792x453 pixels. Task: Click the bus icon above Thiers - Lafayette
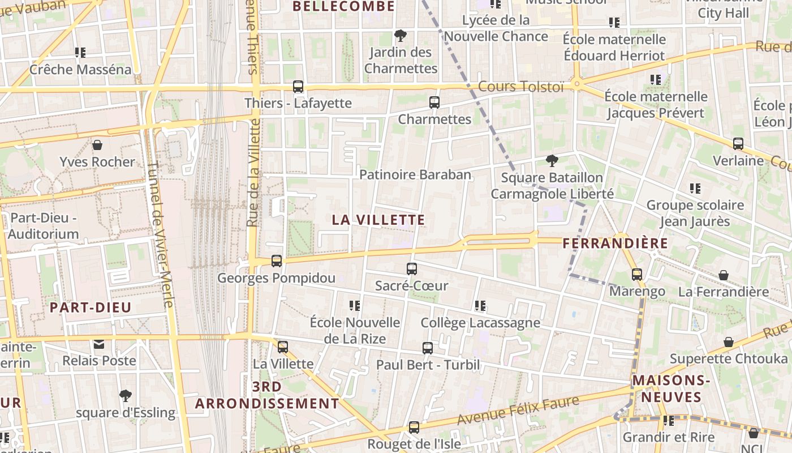click(x=298, y=87)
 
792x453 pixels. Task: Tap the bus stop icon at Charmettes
click(x=434, y=102)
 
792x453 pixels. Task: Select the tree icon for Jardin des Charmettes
click(x=401, y=36)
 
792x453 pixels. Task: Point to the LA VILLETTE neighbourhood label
click(x=378, y=220)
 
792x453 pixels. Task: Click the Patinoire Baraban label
click(x=415, y=174)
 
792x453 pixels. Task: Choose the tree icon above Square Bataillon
click(x=552, y=161)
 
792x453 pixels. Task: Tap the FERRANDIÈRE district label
click(x=615, y=243)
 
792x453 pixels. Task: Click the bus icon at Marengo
click(x=637, y=275)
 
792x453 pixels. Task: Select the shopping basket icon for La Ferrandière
click(x=723, y=276)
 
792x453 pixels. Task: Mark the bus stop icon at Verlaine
click(x=738, y=144)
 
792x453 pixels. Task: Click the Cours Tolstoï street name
click(x=521, y=87)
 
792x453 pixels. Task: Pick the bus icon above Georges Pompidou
click(x=277, y=261)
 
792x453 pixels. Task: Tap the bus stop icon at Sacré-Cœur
click(x=412, y=269)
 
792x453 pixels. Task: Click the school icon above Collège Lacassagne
click(x=480, y=306)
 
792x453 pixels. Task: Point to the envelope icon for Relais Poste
click(x=99, y=344)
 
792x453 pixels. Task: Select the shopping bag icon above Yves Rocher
click(x=97, y=145)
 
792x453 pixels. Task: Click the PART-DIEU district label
click(x=91, y=307)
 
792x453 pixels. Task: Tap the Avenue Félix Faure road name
click(x=518, y=411)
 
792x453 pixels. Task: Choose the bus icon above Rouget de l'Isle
click(x=414, y=428)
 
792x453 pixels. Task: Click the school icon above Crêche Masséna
click(x=80, y=53)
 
